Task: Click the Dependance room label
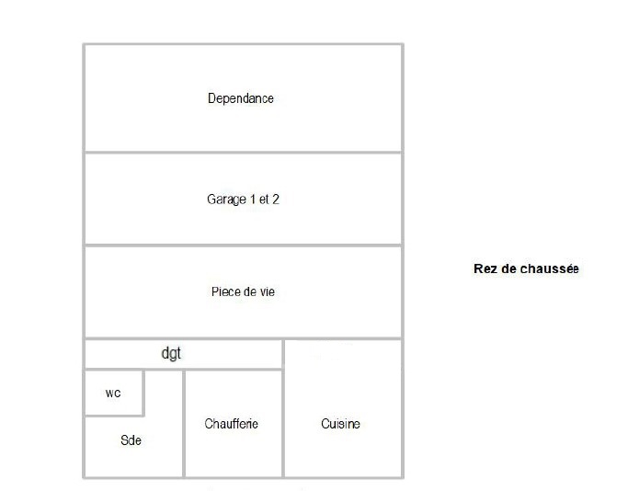point(241,98)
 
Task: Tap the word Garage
point(226,200)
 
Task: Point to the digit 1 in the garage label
point(253,200)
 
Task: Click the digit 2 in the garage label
point(276,200)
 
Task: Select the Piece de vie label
point(243,291)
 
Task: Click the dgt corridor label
point(171,353)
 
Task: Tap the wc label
point(113,394)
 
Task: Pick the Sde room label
point(131,440)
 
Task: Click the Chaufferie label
point(231,424)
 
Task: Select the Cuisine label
point(340,424)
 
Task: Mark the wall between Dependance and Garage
point(244,153)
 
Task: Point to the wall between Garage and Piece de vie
point(244,245)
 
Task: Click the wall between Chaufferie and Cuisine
point(283,408)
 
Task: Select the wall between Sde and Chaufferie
point(184,424)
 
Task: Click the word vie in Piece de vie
point(268,291)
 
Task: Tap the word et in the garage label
point(264,200)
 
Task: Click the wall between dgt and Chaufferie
point(234,369)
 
